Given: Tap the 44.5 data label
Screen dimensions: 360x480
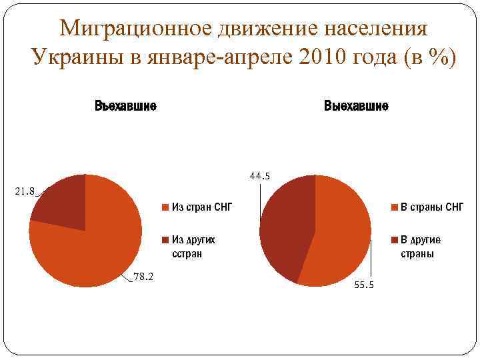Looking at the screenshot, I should click(259, 177).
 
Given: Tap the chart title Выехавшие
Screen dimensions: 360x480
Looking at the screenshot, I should click(356, 107).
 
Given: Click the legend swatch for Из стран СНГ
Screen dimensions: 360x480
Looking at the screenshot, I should click(165, 207).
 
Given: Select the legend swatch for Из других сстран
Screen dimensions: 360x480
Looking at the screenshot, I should click(165, 239).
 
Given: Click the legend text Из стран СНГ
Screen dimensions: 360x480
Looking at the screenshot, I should click(201, 207).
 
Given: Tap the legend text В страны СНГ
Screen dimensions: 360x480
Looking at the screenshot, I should click(431, 207).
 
